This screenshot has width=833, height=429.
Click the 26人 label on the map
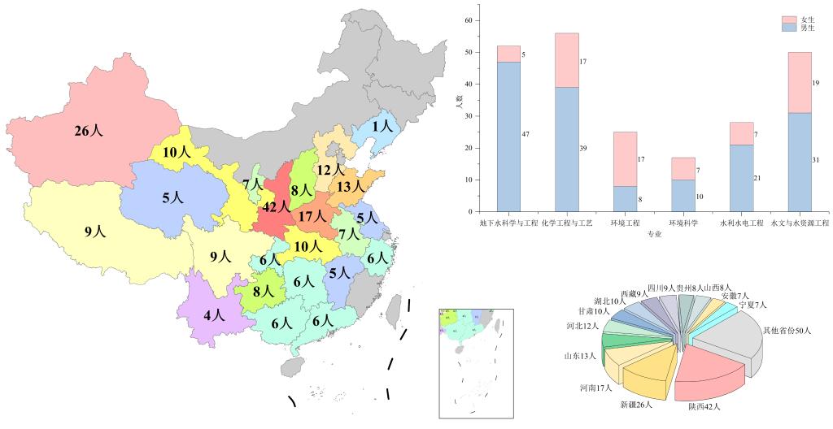coord(89,131)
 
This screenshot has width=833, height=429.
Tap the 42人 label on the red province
coord(277,206)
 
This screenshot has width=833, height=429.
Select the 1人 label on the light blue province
coord(382,126)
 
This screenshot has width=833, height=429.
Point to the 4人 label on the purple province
coord(215,314)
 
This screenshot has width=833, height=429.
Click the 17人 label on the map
coord(312,217)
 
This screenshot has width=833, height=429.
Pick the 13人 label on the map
coord(350,187)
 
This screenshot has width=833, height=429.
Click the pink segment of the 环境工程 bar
coord(625,158)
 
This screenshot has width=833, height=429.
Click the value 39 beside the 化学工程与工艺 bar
coord(583,149)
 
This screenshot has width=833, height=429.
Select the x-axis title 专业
coord(655,234)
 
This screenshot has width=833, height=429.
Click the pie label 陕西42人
coord(704,406)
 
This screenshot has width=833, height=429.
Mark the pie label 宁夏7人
coord(753,305)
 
